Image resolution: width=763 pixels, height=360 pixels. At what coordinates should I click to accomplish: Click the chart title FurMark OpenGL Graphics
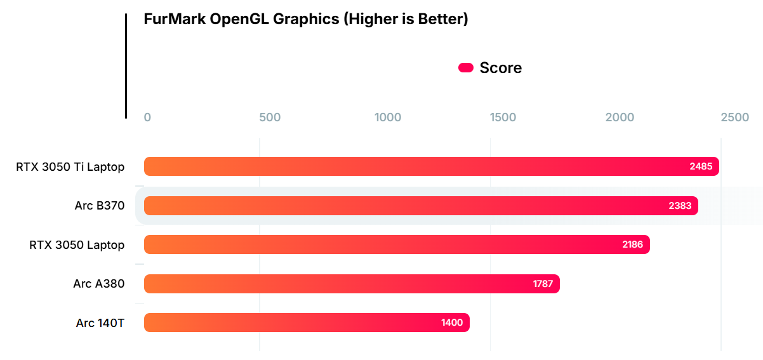[305, 19]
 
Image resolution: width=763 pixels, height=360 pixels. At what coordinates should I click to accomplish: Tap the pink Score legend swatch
[466, 68]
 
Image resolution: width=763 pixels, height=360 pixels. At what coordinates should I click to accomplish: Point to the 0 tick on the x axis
[147, 117]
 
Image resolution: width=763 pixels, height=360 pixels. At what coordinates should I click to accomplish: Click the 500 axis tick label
[270, 117]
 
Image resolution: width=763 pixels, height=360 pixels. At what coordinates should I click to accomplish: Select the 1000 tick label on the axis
[388, 117]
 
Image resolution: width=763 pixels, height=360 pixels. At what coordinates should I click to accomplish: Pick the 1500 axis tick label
[503, 117]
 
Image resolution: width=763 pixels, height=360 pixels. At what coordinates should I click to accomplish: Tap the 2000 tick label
[620, 117]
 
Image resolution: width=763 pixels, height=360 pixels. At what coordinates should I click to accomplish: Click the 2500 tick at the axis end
[735, 117]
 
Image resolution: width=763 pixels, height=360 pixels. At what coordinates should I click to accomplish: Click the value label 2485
[701, 167]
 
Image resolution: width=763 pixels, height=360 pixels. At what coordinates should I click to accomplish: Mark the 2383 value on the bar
[680, 206]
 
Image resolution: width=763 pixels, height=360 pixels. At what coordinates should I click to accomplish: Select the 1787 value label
[543, 284]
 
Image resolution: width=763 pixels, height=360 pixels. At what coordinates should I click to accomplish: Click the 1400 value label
[452, 323]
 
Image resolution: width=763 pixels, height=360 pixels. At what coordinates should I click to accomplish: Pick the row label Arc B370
[99, 206]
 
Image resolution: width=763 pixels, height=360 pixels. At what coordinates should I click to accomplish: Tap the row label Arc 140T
[100, 323]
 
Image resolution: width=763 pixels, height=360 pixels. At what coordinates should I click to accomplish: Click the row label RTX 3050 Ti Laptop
[70, 167]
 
